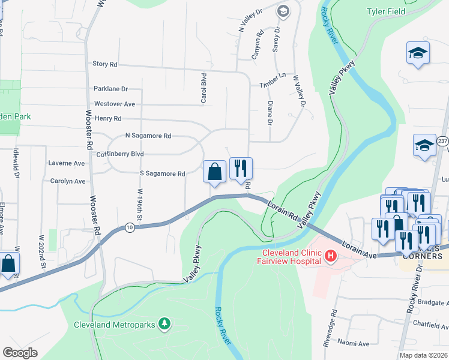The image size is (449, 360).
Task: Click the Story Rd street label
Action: coord(105,64)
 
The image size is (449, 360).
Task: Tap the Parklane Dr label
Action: coord(111,89)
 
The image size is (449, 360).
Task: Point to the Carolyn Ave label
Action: coord(68,181)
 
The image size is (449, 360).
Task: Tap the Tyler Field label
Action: coord(385,11)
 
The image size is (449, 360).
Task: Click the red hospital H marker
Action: coord(330,257)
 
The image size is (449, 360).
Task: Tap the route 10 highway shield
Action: coord(130,227)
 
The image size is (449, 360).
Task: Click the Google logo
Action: coord(20,352)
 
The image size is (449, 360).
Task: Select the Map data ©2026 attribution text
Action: coord(423,355)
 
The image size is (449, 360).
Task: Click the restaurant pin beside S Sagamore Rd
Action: coord(241,169)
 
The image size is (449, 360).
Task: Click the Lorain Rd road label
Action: coord(283,210)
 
